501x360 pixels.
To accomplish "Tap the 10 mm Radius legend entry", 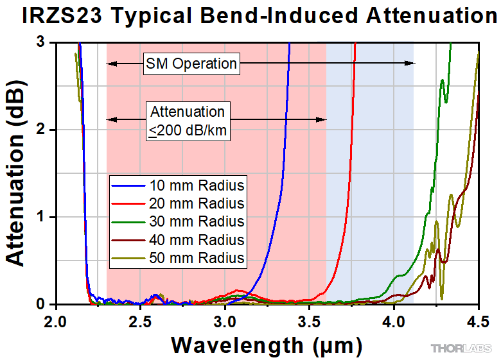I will click(x=178, y=186).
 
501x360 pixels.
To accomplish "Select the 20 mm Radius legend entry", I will click(x=178, y=204).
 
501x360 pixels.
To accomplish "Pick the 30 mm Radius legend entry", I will click(x=178, y=222).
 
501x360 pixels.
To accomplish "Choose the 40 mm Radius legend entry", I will click(x=178, y=240).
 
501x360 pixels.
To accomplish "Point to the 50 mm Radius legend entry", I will click(x=178, y=258).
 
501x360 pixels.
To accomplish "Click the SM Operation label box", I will click(x=191, y=63).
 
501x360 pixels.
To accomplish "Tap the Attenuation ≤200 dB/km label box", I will click(x=188, y=120).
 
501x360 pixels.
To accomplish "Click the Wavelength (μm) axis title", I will click(x=267, y=345).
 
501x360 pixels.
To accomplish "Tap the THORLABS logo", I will click(x=461, y=348).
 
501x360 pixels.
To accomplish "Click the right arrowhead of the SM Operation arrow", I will click(x=411, y=63).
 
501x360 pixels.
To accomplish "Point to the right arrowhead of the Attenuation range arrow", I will click(x=323, y=119).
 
